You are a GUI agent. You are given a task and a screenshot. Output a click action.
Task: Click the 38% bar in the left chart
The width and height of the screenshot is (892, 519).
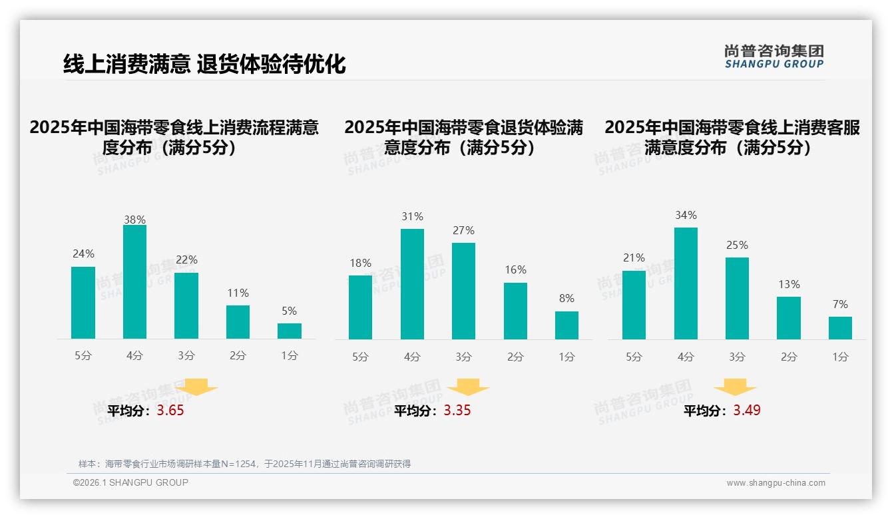pos(134,282)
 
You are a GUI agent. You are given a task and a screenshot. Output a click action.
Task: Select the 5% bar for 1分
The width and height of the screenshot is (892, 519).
pos(290,331)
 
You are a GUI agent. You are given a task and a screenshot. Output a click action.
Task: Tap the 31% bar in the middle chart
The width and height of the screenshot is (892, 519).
pos(412,284)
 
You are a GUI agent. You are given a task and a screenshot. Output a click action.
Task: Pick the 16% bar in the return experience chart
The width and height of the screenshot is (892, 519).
pos(515,311)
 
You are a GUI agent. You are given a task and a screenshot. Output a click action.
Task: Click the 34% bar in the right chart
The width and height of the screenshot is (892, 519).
pos(686,283)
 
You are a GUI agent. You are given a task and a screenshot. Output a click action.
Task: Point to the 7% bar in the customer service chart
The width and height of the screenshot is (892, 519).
pos(840,328)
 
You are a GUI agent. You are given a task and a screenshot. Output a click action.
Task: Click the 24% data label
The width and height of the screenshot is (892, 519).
pos(83,254)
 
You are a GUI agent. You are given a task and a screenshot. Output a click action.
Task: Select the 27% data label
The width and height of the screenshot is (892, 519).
pos(463,230)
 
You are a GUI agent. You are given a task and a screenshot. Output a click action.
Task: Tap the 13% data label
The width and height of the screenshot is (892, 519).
pos(789,284)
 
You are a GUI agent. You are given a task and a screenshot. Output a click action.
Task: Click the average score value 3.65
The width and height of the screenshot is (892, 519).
pos(170,411)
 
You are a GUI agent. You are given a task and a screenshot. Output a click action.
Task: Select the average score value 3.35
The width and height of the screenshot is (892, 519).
pos(457,411)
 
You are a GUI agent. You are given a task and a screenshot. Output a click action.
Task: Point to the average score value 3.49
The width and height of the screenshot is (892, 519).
pos(747,411)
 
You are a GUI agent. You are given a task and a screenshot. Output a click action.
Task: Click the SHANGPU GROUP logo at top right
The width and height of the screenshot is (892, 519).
pos(774,57)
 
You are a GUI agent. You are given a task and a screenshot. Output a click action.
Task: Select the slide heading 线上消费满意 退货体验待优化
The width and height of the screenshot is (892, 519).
pos(204,64)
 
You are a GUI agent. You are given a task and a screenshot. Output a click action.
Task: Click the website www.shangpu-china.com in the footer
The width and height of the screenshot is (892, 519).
pos(776,483)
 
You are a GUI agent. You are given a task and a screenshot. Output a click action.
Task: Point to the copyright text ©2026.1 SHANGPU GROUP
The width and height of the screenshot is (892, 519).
pos(130,482)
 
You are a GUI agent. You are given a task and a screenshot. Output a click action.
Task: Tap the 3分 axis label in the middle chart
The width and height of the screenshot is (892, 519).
pos(463,357)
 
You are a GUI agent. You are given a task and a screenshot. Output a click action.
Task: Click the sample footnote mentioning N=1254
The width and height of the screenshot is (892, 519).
pos(244,464)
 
